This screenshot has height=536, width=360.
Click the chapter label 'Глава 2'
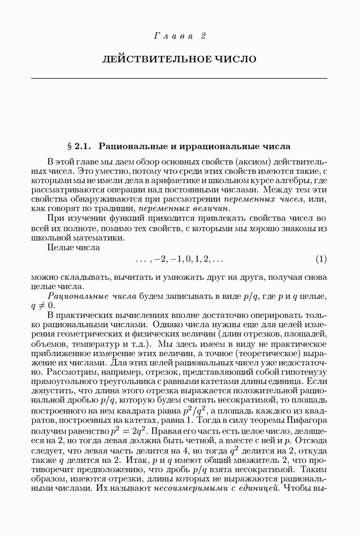point(179,36)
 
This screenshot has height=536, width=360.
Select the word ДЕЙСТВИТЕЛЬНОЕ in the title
point(149,58)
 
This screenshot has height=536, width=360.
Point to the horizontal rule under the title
point(179,78)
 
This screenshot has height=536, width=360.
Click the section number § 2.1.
point(80,145)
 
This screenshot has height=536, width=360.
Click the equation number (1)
point(321,259)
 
